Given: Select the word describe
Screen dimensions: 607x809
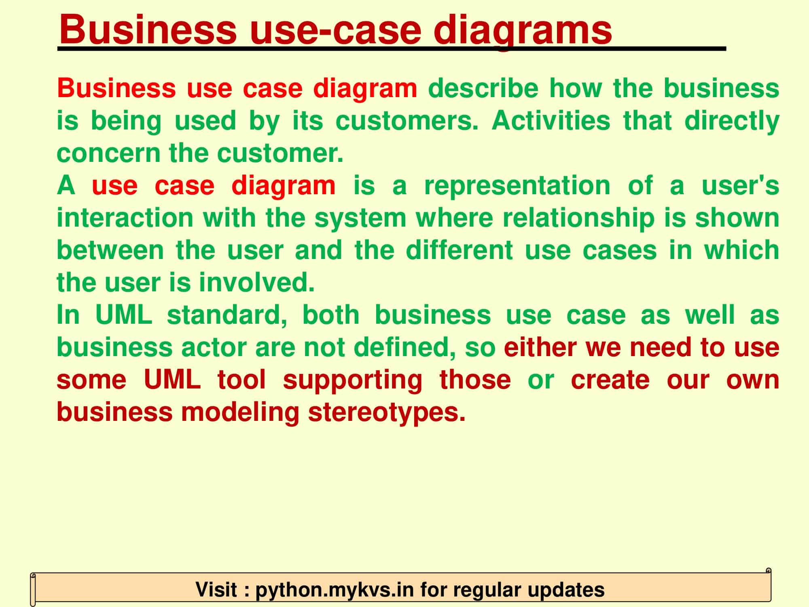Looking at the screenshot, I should point(483,89).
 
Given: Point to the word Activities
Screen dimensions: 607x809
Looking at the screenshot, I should point(551,121).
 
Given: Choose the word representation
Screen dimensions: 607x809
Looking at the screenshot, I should point(517,186).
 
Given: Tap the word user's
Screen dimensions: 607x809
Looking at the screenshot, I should point(740,186).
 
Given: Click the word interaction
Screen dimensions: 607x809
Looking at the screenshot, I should point(125,218).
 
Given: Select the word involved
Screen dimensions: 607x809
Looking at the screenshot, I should point(256,283).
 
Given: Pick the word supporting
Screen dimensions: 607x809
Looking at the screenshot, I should point(352,380).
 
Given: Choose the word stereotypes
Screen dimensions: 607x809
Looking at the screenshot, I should point(386,412).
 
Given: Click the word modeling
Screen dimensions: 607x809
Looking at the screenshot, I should point(240,412).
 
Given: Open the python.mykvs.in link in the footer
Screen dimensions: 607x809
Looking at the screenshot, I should point(335,590).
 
